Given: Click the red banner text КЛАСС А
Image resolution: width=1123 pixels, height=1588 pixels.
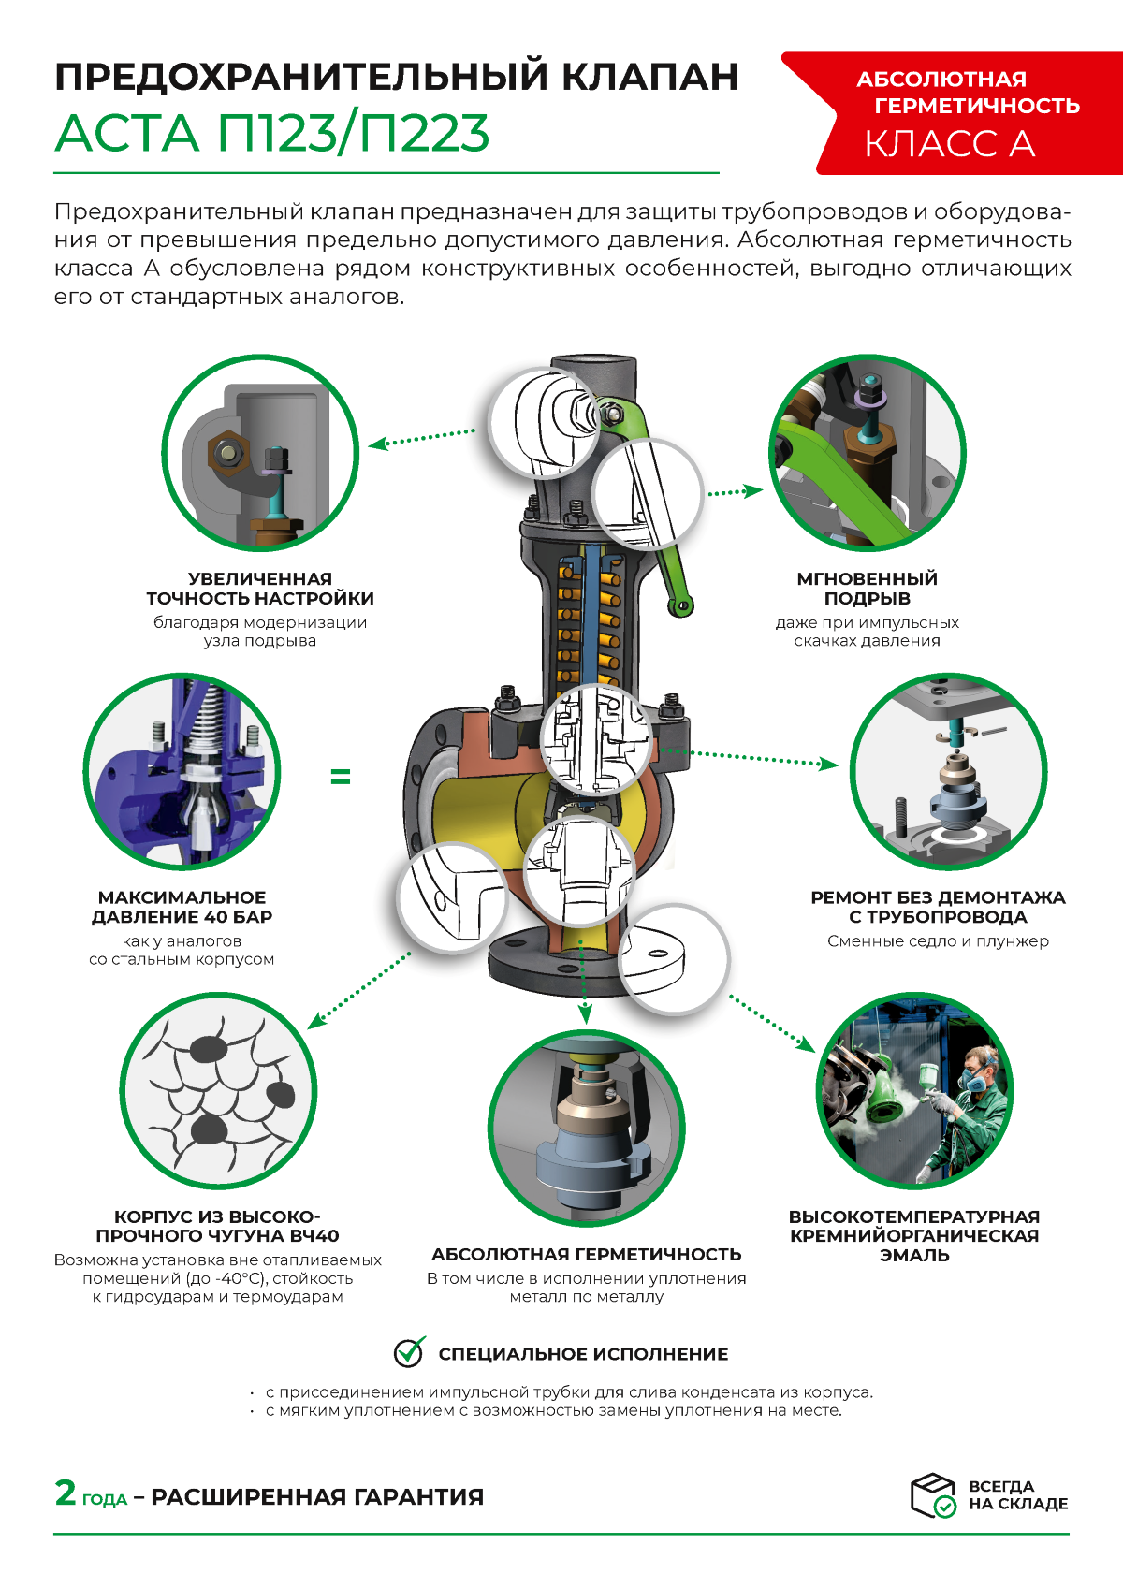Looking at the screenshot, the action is coord(949,144).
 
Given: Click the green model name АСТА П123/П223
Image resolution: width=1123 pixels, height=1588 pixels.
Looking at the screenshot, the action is coord(272,133).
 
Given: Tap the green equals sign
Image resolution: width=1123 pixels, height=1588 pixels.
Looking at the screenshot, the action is coord(341,777).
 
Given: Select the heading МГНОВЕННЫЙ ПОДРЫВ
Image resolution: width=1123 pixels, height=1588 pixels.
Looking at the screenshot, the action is coord(868,589).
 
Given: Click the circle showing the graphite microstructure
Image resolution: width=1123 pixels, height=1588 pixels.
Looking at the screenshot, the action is coord(218,1090).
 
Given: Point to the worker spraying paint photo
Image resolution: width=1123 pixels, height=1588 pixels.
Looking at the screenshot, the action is coord(914,1090).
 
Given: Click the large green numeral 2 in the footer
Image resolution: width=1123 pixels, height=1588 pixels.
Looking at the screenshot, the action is coord(66,1493).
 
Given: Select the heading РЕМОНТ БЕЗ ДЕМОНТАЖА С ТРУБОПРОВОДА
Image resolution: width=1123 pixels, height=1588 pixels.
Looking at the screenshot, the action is coord(938,908).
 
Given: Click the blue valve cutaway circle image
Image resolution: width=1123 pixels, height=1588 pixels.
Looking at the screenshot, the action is coord(182,771).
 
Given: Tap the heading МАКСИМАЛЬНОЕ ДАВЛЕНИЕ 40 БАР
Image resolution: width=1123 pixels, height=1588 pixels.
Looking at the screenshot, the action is coord(182,908).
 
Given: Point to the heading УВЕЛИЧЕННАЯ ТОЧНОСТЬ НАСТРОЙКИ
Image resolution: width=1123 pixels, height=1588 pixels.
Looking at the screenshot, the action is coord(260,589).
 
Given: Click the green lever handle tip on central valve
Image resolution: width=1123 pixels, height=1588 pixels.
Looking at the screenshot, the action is coord(680,606).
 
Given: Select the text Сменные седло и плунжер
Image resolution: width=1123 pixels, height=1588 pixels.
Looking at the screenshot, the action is coord(938,940).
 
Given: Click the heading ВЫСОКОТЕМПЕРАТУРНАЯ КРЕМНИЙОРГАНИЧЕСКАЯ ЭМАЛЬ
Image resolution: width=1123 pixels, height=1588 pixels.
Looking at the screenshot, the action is coord(914,1235).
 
